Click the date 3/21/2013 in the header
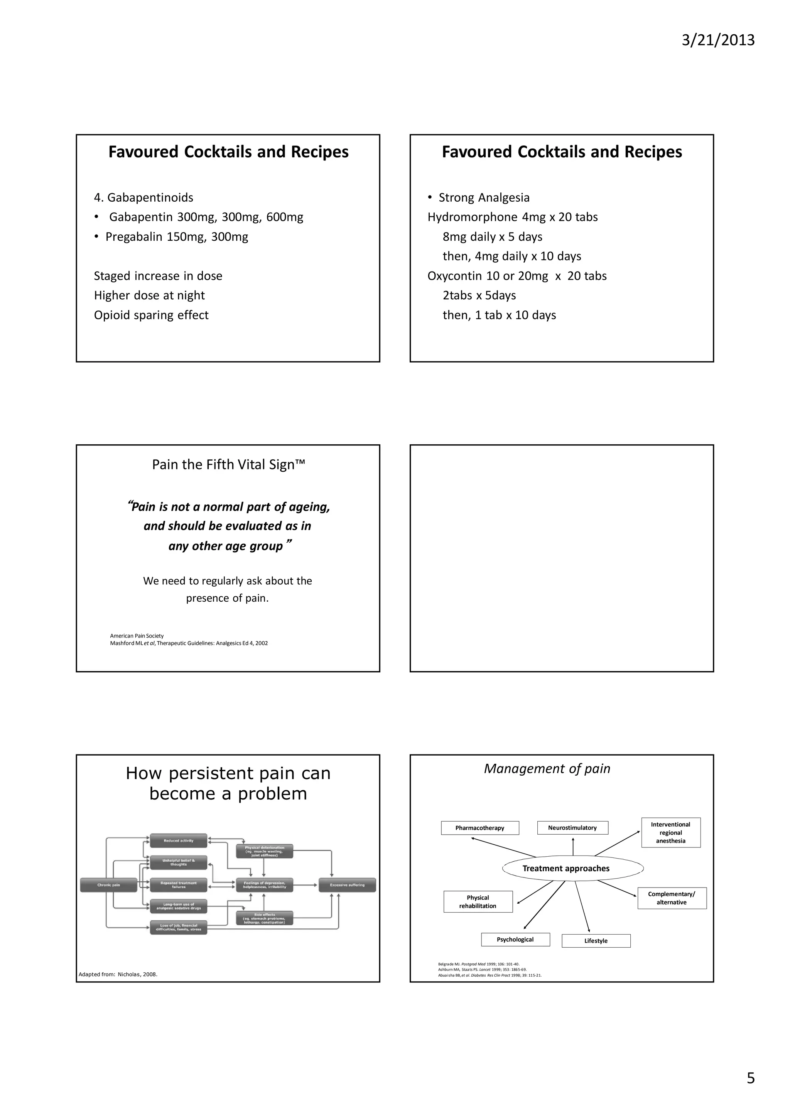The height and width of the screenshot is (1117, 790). pyautogui.click(x=717, y=40)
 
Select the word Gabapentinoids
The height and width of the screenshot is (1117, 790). pyautogui.click(x=150, y=197)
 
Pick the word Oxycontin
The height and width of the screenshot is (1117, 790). pyautogui.click(x=455, y=276)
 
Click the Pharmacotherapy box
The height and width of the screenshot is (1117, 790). pyautogui.click(x=479, y=828)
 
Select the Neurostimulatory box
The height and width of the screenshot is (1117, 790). pyautogui.click(x=572, y=828)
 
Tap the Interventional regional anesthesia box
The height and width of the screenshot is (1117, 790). pyautogui.click(x=670, y=832)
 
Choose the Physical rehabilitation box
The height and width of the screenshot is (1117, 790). pyautogui.click(x=478, y=901)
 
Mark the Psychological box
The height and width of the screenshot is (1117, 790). pyautogui.click(x=515, y=940)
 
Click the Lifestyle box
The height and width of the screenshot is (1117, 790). pyautogui.click(x=596, y=941)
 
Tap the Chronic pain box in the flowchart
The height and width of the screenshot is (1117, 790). pyautogui.click(x=108, y=885)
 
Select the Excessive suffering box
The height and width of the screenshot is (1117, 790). pyautogui.click(x=347, y=885)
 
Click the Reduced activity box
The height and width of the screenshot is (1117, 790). pyautogui.click(x=179, y=841)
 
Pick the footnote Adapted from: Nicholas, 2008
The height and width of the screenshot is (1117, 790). pyautogui.click(x=118, y=974)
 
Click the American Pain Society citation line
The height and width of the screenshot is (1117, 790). pyautogui.click(x=137, y=636)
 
